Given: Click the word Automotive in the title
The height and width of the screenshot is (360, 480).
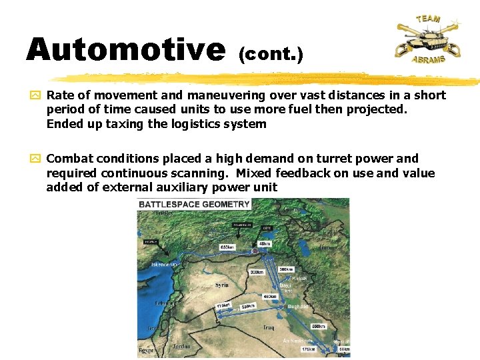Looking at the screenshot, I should (125, 50).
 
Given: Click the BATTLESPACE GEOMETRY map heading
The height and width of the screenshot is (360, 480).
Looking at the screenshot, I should (194, 205).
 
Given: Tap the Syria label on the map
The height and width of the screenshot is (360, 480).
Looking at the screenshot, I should (222, 285).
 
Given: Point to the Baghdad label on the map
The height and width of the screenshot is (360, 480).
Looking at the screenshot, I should (298, 307).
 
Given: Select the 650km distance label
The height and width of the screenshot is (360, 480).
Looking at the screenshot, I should (227, 247).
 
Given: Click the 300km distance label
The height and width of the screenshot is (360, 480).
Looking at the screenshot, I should (256, 273).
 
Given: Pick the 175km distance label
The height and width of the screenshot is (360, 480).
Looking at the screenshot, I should (307, 349).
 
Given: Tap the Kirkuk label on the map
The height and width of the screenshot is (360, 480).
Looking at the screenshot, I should (299, 278).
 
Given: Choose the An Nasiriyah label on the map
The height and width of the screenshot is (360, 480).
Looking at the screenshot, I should (297, 341).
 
